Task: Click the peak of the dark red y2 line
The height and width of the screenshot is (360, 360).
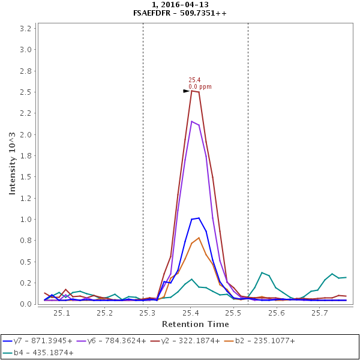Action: [x=191, y=90]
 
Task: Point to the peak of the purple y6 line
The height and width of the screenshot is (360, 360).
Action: [x=191, y=121]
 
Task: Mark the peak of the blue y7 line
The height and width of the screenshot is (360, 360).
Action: [x=199, y=218]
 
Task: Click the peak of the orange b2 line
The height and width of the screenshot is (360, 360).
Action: [x=199, y=238]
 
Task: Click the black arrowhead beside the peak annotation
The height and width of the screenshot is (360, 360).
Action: [x=186, y=91]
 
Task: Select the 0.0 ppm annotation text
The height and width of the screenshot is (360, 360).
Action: [x=200, y=87]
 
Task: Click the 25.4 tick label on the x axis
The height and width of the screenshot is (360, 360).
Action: [x=191, y=313]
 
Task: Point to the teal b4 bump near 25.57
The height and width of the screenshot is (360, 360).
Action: [x=262, y=272]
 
